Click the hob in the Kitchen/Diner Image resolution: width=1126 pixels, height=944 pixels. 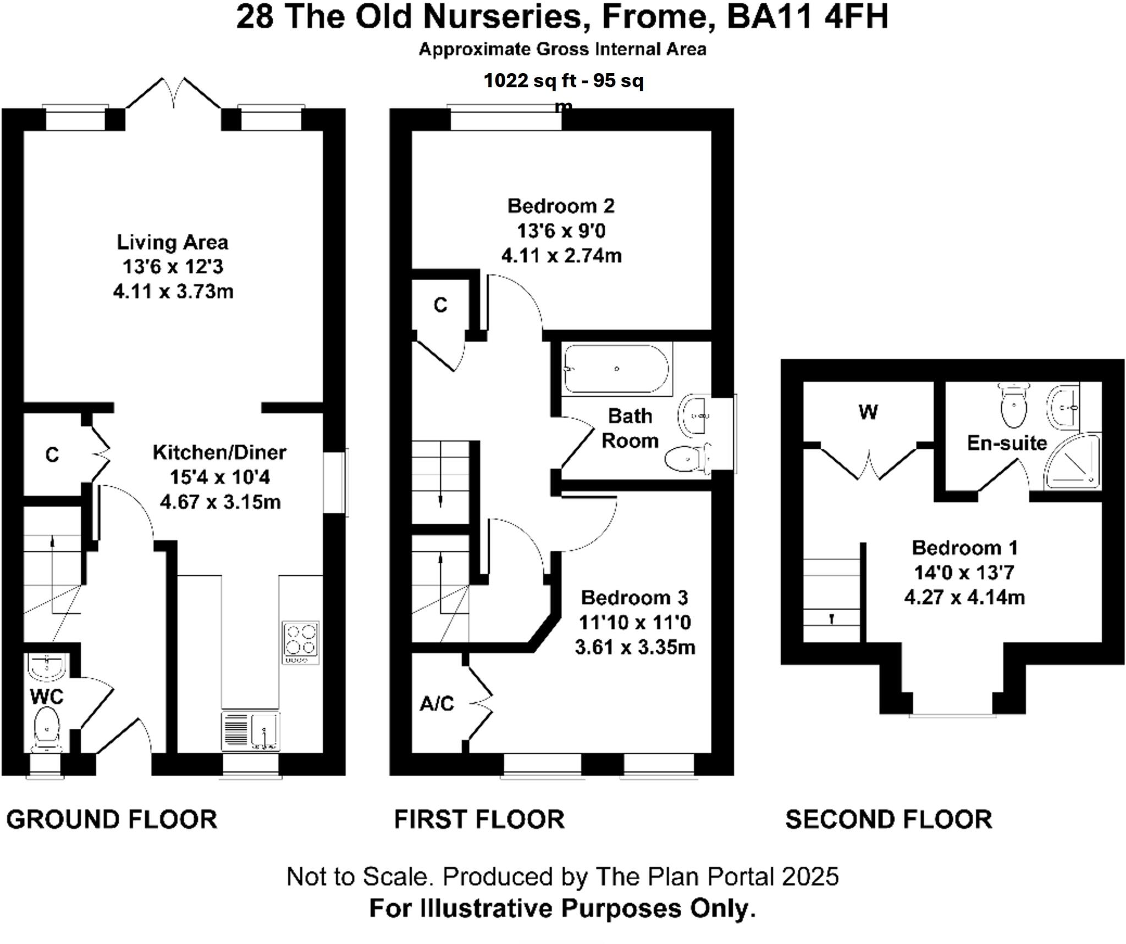(x=301, y=642)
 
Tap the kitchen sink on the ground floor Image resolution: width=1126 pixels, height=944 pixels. (x=251, y=731)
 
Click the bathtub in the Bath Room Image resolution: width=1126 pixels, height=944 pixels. (x=617, y=369)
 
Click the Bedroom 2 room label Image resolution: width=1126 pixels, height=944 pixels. (x=561, y=206)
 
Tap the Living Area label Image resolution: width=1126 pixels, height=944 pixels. (x=173, y=242)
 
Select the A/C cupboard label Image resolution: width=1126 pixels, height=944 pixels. (x=437, y=704)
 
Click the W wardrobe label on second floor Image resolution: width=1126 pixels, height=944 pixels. (x=868, y=412)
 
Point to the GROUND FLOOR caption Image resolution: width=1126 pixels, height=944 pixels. (x=112, y=820)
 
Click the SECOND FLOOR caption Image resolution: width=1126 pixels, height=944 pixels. (x=888, y=820)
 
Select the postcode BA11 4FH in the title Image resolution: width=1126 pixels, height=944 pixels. (x=807, y=17)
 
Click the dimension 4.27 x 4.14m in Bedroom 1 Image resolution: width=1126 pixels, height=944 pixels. (x=965, y=597)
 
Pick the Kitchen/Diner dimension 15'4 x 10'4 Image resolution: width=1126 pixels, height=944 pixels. (x=220, y=477)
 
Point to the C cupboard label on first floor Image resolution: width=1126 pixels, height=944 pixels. (x=440, y=305)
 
